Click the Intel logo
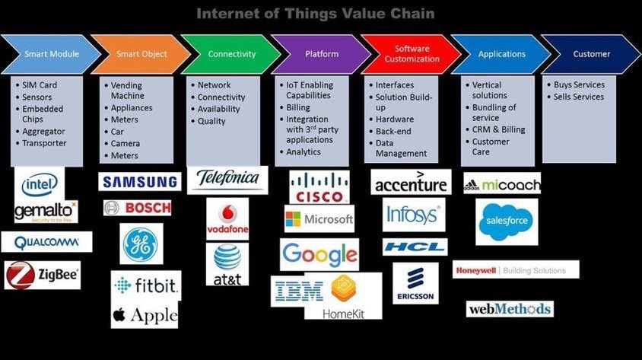(x=39, y=183)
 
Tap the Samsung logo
(x=140, y=182)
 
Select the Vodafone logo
(x=227, y=218)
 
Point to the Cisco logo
(x=319, y=186)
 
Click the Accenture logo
(x=411, y=183)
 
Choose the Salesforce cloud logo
(x=506, y=221)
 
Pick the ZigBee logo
(x=43, y=275)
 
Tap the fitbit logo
(x=146, y=286)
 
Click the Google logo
(x=319, y=254)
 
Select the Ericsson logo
(x=415, y=283)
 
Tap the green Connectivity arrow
(x=230, y=54)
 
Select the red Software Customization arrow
(x=411, y=54)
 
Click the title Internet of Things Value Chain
(x=316, y=13)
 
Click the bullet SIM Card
(x=39, y=85)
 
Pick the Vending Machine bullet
(x=126, y=91)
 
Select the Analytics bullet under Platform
(x=303, y=152)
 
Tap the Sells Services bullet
(x=577, y=97)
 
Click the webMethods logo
(x=509, y=309)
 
